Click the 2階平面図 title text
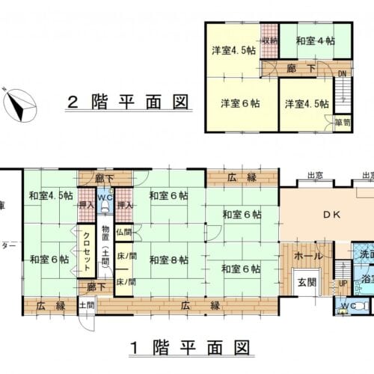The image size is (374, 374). (127, 102)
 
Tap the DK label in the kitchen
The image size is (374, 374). (331, 215)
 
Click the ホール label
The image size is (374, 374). (308, 256)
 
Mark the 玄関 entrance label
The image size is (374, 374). (307, 281)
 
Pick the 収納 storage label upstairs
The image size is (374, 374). (269, 40)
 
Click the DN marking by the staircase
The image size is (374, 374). (342, 73)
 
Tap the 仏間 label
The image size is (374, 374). (123, 233)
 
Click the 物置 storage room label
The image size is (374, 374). (105, 247)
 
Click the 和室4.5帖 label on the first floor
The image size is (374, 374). (51, 196)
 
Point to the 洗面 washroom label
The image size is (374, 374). (366, 254)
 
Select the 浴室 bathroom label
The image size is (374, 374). (367, 279)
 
